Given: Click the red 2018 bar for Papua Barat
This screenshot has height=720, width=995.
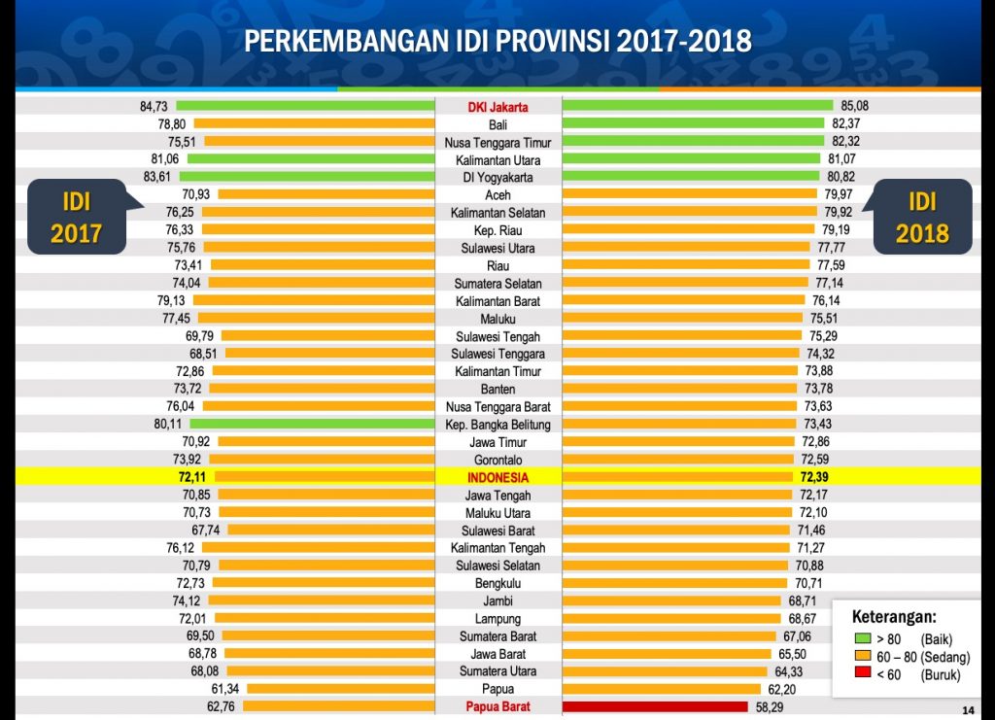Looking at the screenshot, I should tap(655, 706).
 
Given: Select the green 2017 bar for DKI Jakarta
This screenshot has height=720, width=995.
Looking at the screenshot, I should tap(304, 106).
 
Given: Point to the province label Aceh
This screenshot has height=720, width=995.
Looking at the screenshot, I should tap(497, 194).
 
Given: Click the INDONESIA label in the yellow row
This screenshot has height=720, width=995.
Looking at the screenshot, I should tap(497, 477).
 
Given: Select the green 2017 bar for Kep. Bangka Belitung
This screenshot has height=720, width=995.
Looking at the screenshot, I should tap(311, 424).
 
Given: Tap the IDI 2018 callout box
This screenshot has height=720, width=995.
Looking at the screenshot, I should tap(922, 217).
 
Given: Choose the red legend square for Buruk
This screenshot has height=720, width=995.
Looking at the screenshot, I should tap(862, 674).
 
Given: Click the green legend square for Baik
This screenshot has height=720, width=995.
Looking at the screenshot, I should tap(862, 638).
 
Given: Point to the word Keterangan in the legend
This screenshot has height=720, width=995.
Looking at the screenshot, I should tap(894, 616).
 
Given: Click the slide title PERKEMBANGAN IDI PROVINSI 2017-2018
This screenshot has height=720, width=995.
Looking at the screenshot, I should tap(497, 41).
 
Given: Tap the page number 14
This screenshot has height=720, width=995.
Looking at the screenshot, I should tap(968, 708).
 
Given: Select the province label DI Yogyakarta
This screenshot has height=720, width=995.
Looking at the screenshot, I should tap(497, 177).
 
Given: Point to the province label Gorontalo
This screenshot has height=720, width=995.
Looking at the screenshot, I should tap(497, 460).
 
